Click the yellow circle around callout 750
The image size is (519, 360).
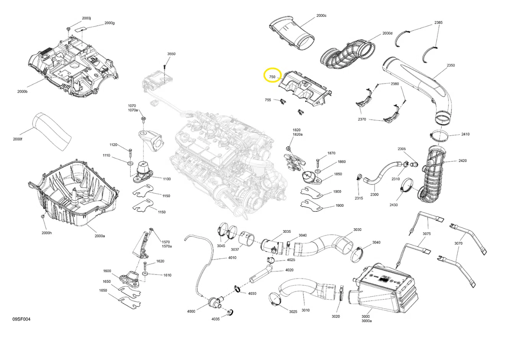[272, 75]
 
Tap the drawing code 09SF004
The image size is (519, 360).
[21, 319]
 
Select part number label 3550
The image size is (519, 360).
[171, 54]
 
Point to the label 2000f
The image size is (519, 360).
[18, 139]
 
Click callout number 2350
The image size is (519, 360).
[451, 65]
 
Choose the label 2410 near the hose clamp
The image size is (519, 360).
[465, 134]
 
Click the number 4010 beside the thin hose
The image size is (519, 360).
[232, 258]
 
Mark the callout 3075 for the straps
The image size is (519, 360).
[427, 234]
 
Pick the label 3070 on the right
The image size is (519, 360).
[458, 243]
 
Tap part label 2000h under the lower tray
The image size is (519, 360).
[47, 233]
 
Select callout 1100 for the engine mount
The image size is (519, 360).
[167, 179]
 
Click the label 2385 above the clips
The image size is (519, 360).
[439, 23]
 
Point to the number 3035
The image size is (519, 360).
[287, 232]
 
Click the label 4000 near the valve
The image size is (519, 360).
[191, 311]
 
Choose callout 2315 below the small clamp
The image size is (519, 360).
[359, 198]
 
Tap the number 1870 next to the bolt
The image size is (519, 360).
[331, 153]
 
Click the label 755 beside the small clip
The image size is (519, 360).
[268, 100]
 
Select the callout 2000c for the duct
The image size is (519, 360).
[321, 16]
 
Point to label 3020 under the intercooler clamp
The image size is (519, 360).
[336, 316]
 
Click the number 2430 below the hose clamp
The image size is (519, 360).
[393, 205]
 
